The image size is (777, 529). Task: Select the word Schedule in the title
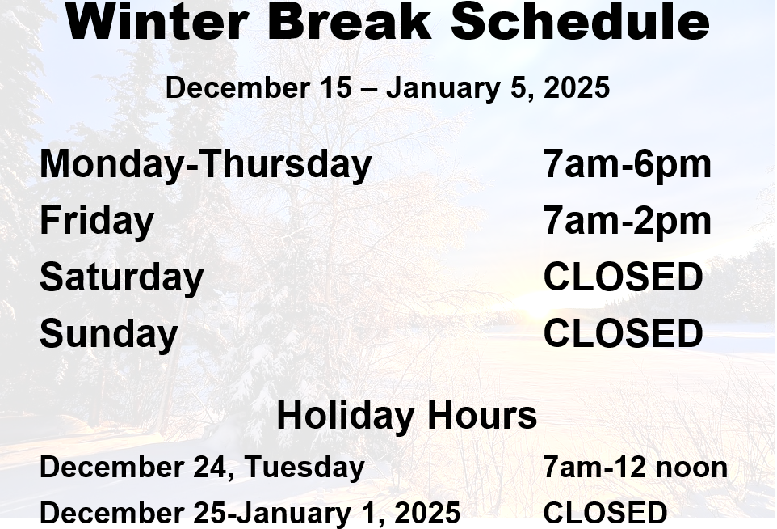pyautogui.click(x=579, y=21)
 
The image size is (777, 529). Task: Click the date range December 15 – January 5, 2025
pyautogui.click(x=388, y=87)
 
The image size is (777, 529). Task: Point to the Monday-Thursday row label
pyautogui.click(x=205, y=164)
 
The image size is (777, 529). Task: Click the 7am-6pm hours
pyautogui.click(x=627, y=164)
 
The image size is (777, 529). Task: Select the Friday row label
pyautogui.click(x=96, y=221)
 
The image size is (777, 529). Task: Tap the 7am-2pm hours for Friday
pyautogui.click(x=627, y=221)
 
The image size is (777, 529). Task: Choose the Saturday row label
pyautogui.click(x=121, y=277)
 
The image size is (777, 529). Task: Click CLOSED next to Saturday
pyautogui.click(x=623, y=277)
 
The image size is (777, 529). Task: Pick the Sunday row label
pyautogui.click(x=108, y=333)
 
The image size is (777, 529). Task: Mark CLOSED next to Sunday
pyautogui.click(x=623, y=333)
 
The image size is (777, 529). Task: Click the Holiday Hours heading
pyautogui.click(x=406, y=416)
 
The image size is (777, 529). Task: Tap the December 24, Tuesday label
pyautogui.click(x=202, y=468)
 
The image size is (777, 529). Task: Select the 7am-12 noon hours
pyautogui.click(x=635, y=468)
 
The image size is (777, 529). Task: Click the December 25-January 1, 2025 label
pyautogui.click(x=250, y=513)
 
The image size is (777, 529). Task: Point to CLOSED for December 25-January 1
pyautogui.click(x=605, y=513)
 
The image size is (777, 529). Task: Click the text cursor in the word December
pyautogui.click(x=220, y=87)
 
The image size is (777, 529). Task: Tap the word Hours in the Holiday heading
pyautogui.click(x=481, y=416)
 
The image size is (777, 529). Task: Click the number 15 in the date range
pyautogui.click(x=336, y=87)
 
